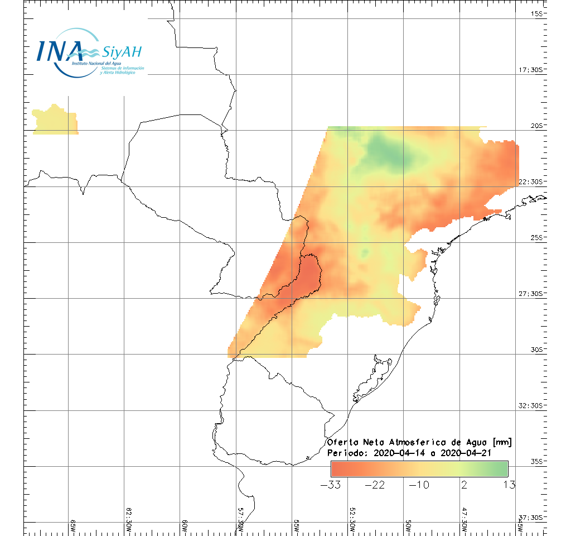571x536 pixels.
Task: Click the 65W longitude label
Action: pyautogui.click(x=72, y=526)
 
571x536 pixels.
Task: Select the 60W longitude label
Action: pyautogui.click(x=185, y=526)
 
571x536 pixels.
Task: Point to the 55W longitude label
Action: pyautogui.click(x=296, y=526)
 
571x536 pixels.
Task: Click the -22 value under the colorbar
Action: pyautogui.click(x=375, y=485)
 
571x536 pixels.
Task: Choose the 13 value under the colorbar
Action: pyautogui.click(x=509, y=485)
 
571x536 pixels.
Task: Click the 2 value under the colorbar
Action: pyautogui.click(x=464, y=485)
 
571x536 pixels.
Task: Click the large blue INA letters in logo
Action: pyautogui.click(x=60, y=51)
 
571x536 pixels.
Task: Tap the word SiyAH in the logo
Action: pyautogui.click(x=122, y=52)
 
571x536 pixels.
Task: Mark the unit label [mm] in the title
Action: pyautogui.click(x=501, y=442)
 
